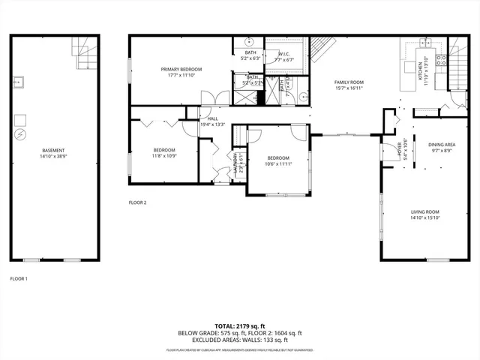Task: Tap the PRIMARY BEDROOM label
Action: tap(181, 69)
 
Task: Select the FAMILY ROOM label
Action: tap(349, 82)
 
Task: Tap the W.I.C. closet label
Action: tap(284, 54)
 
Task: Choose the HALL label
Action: tap(213, 118)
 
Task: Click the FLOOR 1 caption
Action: tap(19, 279)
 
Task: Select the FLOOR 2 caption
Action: tap(137, 202)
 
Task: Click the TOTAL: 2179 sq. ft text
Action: tap(239, 325)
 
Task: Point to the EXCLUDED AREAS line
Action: tap(239, 339)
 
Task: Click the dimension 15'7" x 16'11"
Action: tap(349, 88)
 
